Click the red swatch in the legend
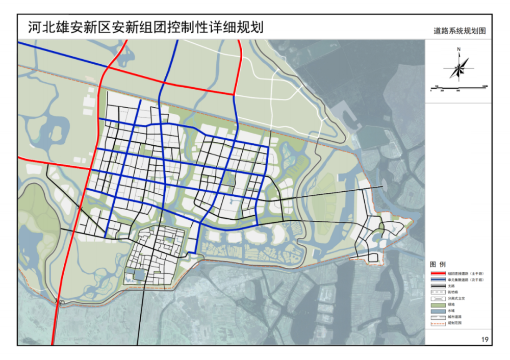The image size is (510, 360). coord(438,274)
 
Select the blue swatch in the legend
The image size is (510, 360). coord(438,280)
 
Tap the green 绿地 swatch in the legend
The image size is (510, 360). coord(438,304)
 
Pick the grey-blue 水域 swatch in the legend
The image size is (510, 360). coord(438,311)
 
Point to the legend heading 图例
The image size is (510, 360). coord(438,265)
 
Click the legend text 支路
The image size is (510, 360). coord(451,286)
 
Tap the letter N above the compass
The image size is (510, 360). coord(459,49)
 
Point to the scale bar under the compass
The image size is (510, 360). coord(459,88)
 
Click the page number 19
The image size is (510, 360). coord(484,340)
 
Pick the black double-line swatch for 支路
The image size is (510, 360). coord(438,286)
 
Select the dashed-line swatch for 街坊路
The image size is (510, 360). coord(438,292)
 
